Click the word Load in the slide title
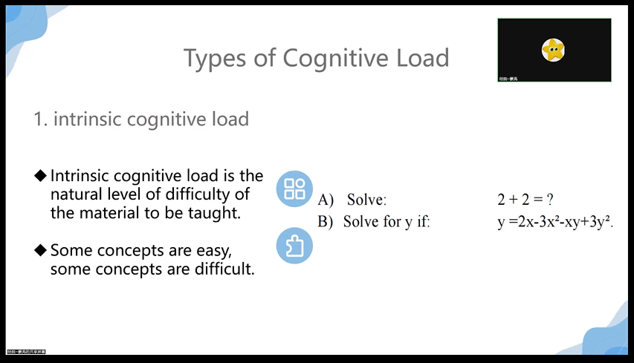(420, 57)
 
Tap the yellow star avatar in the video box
(553, 50)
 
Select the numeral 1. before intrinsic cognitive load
(40, 119)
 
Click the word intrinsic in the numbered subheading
(85, 119)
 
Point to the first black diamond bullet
(40, 176)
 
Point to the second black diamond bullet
(40, 250)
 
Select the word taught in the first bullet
(215, 213)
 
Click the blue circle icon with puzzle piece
(294, 246)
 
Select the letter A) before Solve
(326, 200)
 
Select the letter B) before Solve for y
(326, 221)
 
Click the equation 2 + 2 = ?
(526, 200)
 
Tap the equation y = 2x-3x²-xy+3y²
(554, 221)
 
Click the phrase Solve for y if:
(386, 221)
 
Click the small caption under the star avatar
(509, 78)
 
